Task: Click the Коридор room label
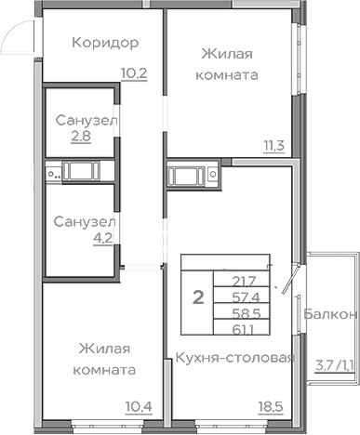click(104, 43)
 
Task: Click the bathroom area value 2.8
click(83, 138)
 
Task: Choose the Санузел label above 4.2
click(84, 223)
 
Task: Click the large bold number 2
click(197, 297)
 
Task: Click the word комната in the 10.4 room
click(104, 369)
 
